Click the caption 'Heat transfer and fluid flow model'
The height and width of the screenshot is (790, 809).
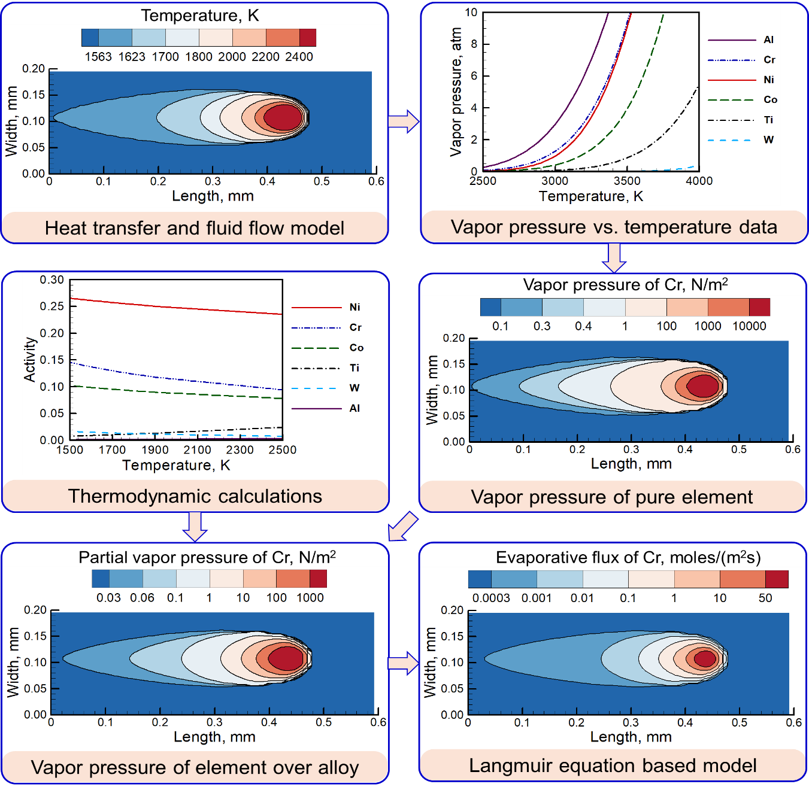pyautogui.click(x=194, y=228)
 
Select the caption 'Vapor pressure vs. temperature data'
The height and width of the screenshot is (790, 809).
pyautogui.click(x=614, y=227)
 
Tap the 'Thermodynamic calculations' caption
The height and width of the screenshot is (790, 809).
pyautogui.click(x=195, y=496)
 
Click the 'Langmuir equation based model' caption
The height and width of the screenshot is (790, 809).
pyautogui.click(x=613, y=765)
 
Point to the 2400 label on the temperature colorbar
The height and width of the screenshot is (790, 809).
pyautogui.click(x=299, y=56)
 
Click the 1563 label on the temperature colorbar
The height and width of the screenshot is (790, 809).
pyautogui.click(x=98, y=56)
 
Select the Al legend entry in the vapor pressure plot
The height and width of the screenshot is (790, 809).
pyautogui.click(x=768, y=39)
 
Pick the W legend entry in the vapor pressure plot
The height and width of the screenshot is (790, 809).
pyautogui.click(x=768, y=139)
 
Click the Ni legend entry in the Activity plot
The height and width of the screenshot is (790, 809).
pyautogui.click(x=354, y=307)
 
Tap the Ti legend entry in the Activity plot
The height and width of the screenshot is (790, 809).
pyautogui.click(x=354, y=367)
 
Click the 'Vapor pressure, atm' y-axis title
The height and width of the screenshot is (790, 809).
pyautogui.click(x=456, y=92)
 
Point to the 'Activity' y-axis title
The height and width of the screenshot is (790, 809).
pyautogui.click(x=29, y=359)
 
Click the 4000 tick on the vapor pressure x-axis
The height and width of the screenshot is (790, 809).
pyautogui.click(x=699, y=181)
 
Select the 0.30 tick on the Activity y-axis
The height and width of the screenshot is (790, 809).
pyautogui.click(x=51, y=279)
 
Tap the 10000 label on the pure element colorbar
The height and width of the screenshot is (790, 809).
pyautogui.click(x=749, y=326)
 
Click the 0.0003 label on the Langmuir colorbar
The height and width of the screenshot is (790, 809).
pyautogui.click(x=491, y=598)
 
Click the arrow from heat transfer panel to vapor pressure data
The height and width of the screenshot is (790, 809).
pyautogui.click(x=404, y=121)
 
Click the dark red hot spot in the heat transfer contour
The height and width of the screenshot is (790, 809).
pyautogui.click(x=283, y=117)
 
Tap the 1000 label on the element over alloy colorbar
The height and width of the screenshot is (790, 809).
pyautogui.click(x=310, y=597)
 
